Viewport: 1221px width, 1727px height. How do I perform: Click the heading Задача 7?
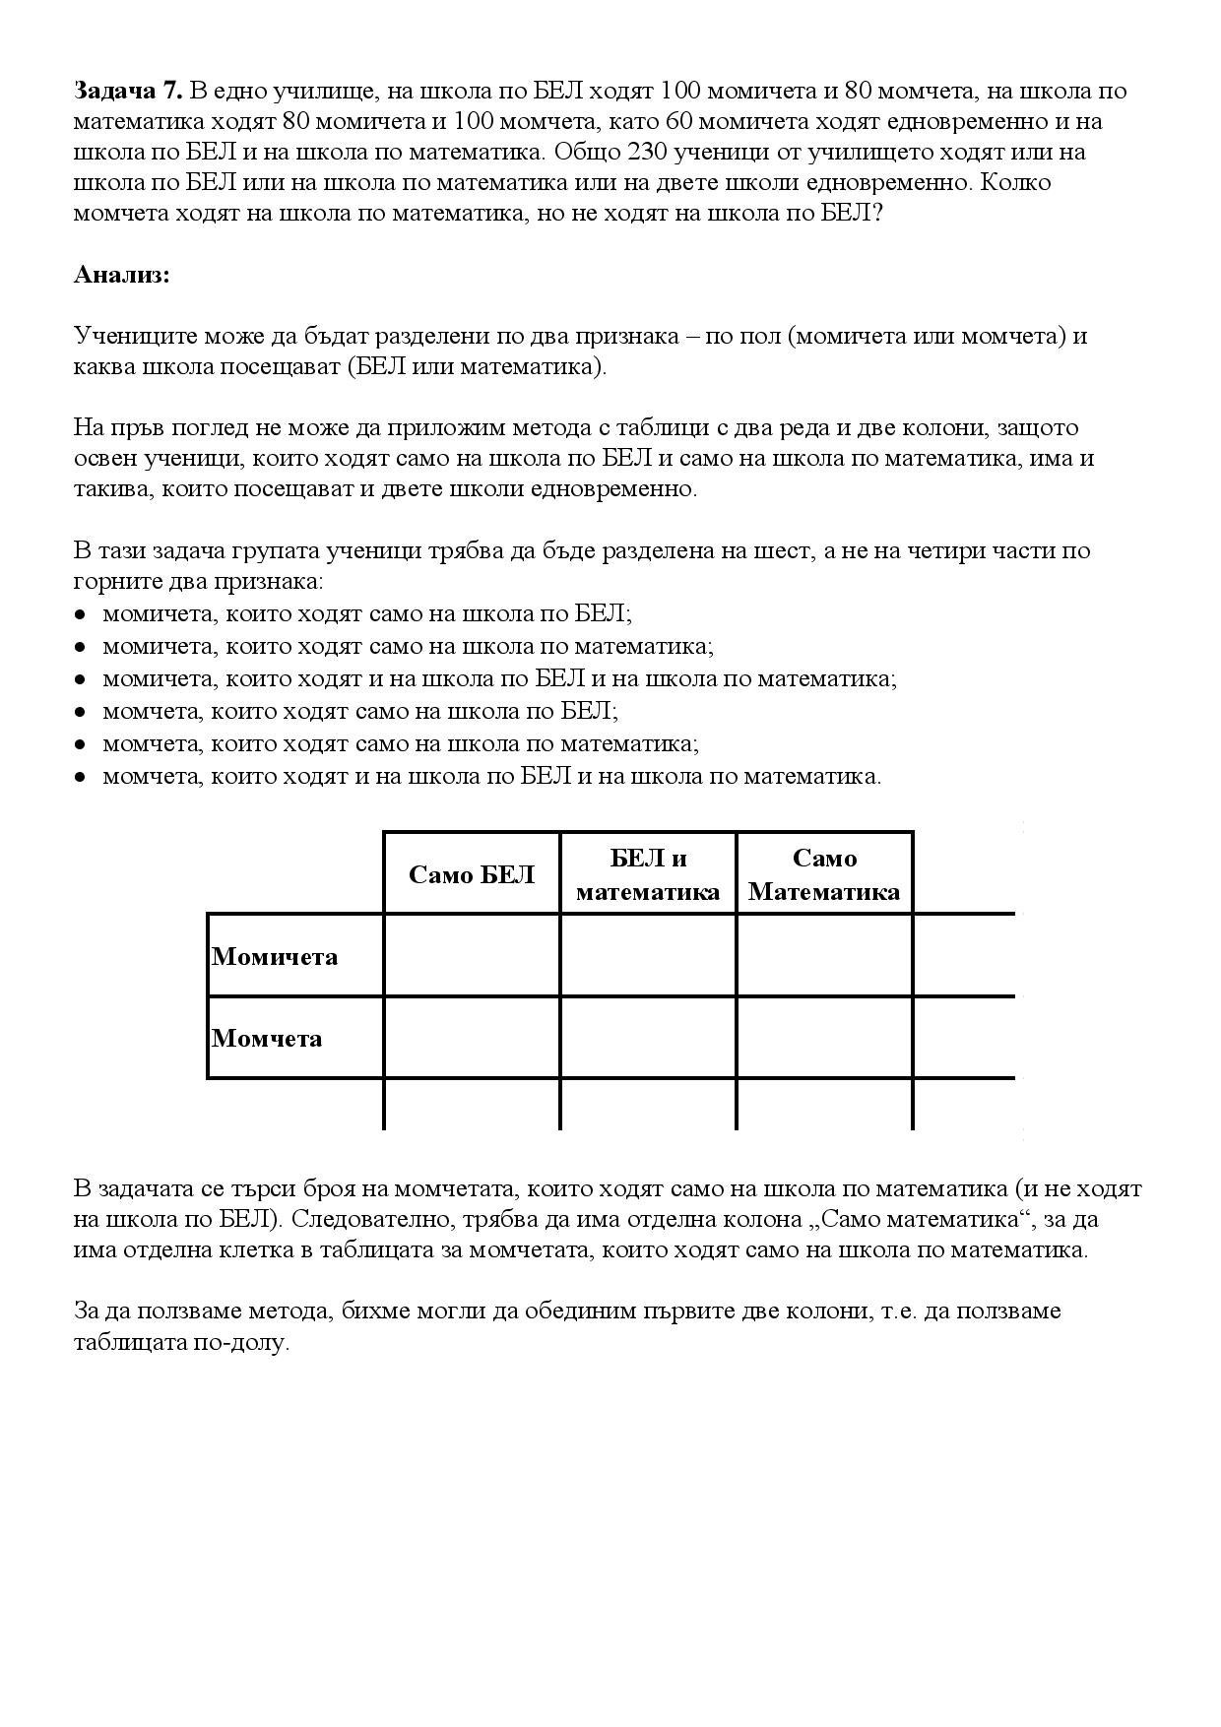click(128, 91)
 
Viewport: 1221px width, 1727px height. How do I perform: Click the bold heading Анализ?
click(122, 275)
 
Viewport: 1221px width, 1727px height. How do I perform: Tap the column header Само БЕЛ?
click(472, 874)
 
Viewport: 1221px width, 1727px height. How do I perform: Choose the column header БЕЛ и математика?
click(648, 874)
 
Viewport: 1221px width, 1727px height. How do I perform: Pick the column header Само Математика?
click(824, 874)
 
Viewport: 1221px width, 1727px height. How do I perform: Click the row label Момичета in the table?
click(275, 956)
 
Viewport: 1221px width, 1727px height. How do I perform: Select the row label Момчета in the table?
click(267, 1038)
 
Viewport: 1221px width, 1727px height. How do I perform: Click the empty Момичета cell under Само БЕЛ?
click(472, 955)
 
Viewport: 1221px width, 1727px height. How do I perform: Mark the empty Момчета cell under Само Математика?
click(824, 1037)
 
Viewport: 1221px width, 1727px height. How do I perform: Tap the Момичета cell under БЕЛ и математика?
click(648, 955)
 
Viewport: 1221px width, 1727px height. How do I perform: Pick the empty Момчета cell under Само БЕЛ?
click(472, 1037)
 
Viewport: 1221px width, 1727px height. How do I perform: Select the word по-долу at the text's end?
click(250, 1343)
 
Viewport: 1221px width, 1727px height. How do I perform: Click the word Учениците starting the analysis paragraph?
click(135, 337)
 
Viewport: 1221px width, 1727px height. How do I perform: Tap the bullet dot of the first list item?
click(80, 614)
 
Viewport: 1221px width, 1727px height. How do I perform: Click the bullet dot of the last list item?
click(80, 777)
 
